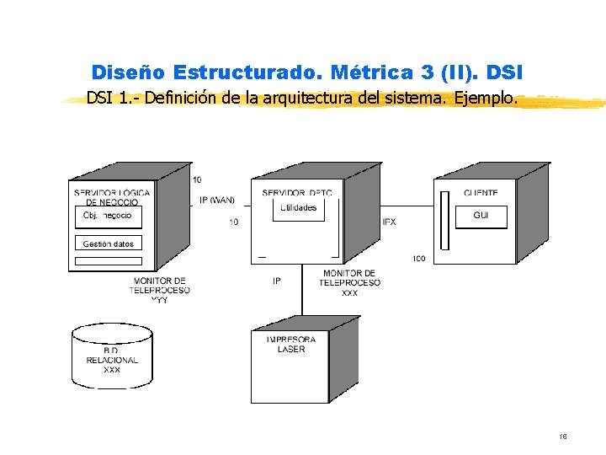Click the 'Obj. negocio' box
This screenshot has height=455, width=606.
[x=108, y=217]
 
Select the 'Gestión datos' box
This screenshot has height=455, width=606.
[x=108, y=244]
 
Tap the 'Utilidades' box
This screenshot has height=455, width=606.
[x=299, y=208]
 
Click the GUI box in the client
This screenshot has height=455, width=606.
[x=481, y=216]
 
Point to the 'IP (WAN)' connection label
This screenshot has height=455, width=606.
[x=217, y=200]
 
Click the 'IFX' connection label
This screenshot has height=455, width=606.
[x=389, y=222]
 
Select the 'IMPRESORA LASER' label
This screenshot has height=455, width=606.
[x=291, y=345]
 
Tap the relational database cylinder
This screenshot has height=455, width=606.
[x=112, y=355]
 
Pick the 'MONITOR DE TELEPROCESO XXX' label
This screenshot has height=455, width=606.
[x=349, y=283]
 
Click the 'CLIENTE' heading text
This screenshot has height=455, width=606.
[x=480, y=193]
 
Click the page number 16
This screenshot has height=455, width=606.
[x=562, y=436]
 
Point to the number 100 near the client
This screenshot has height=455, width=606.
[x=418, y=258]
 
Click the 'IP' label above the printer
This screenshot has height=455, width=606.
[x=277, y=281]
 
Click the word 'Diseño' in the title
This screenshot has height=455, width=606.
[x=129, y=72]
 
